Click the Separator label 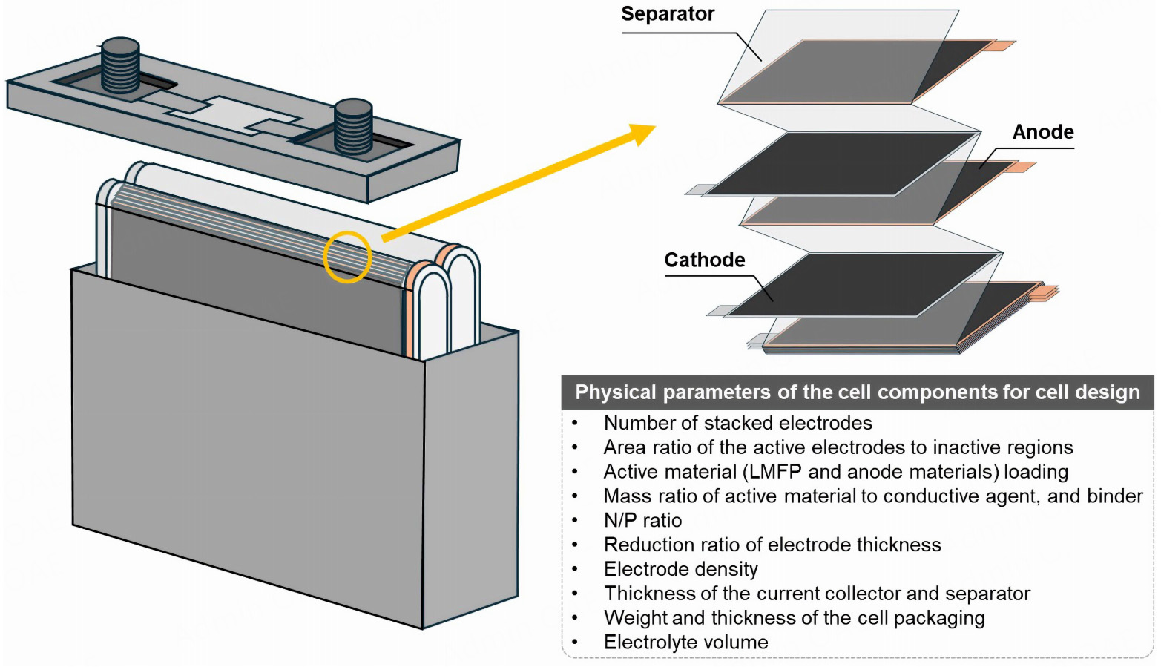coord(667,14)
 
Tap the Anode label coord(1042,132)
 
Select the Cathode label coord(704,260)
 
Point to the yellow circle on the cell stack coord(347,257)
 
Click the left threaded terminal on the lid coord(120,65)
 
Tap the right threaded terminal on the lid coord(353,126)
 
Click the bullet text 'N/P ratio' coord(642,521)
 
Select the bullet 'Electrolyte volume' coord(685,643)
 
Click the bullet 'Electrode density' coord(680,570)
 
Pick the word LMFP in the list coord(775,472)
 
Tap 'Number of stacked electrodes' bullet coord(737,423)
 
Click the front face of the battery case coord(245,445)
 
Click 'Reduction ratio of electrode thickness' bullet coord(772,545)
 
